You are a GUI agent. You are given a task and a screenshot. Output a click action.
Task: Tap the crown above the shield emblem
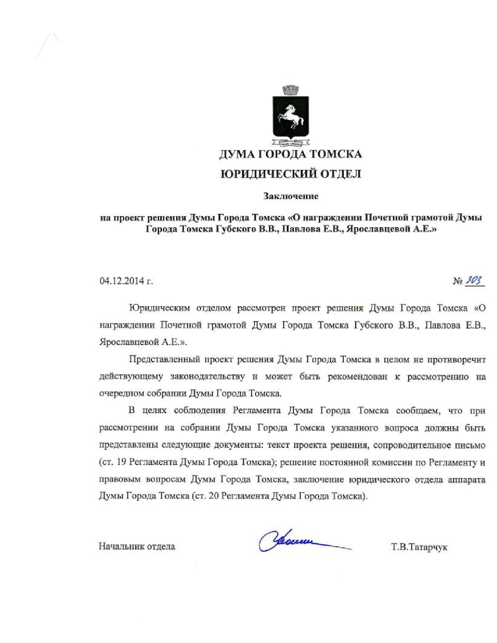(x=290, y=91)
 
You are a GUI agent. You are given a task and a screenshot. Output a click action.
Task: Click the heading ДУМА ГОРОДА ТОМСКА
(x=290, y=154)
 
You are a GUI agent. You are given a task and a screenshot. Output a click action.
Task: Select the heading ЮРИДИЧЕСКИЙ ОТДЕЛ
(x=291, y=174)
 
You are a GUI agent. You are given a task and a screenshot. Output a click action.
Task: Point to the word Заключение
(x=291, y=196)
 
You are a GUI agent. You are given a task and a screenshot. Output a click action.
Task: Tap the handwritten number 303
(x=474, y=280)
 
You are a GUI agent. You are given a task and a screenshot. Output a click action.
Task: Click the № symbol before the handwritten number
(x=458, y=281)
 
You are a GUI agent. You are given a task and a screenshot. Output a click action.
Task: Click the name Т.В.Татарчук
(x=419, y=547)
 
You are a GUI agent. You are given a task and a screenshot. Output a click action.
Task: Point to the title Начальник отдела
(x=137, y=546)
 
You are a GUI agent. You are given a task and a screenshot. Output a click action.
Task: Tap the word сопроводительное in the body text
(x=410, y=445)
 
